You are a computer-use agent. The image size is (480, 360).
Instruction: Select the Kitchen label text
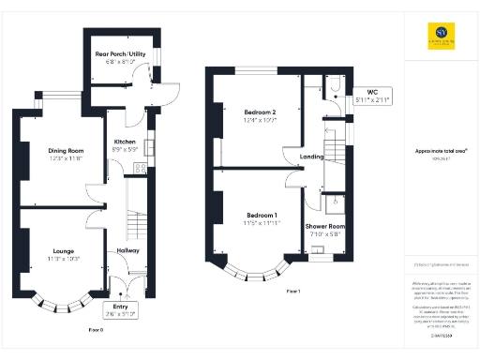tap(126, 143)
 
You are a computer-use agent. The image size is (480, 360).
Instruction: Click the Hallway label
tap(127, 251)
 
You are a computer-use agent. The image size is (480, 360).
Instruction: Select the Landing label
tap(312, 157)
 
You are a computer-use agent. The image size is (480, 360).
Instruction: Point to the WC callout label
tap(372, 96)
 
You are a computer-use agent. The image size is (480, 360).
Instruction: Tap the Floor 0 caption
tap(96, 331)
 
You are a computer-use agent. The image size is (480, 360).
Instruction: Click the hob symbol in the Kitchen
tap(139, 168)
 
